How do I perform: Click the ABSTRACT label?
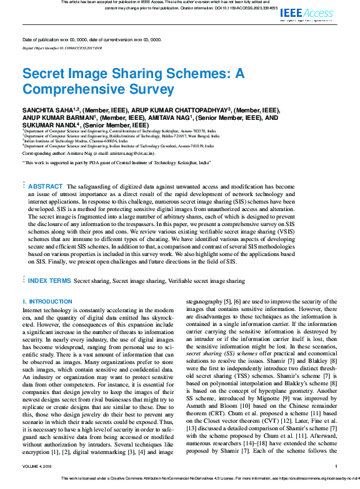click(46, 186)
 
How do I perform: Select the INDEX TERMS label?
click(49, 282)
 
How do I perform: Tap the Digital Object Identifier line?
click(62, 47)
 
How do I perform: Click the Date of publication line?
click(91, 39)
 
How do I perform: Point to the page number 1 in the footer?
click(336, 467)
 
